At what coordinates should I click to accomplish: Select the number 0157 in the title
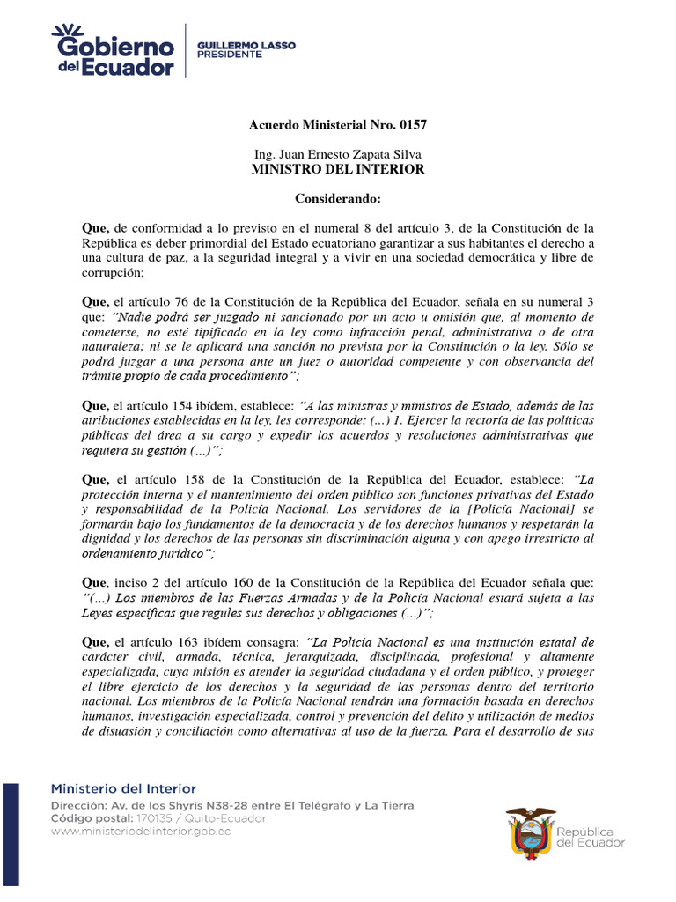click(x=413, y=125)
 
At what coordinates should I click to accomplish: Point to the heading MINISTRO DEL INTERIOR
click(x=338, y=169)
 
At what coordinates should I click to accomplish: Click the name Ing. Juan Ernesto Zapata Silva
click(x=338, y=155)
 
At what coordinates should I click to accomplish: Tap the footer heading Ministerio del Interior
click(x=123, y=788)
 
